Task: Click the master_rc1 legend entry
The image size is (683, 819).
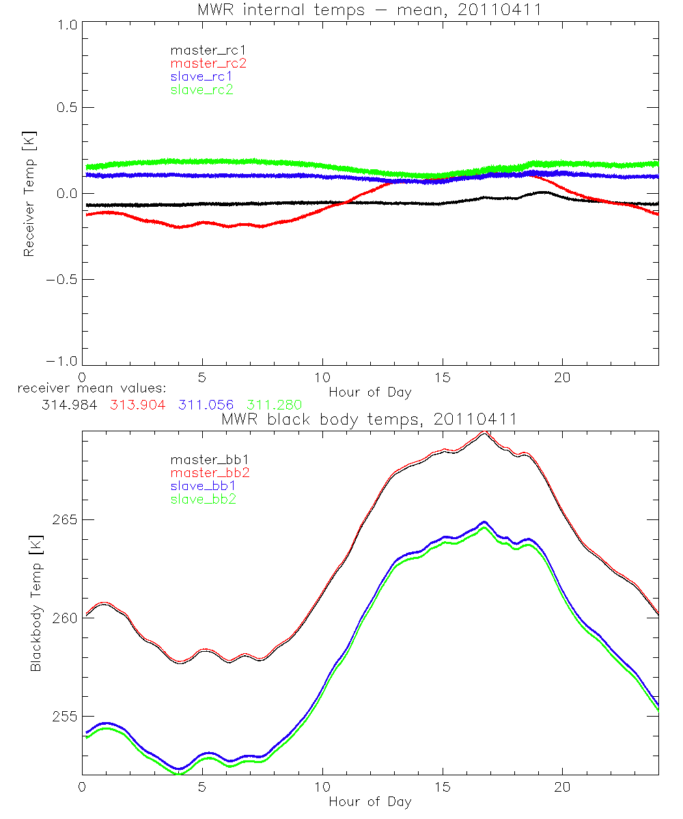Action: coord(201,50)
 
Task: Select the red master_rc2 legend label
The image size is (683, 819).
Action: coord(208,63)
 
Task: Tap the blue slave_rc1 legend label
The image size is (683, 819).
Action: coord(201,76)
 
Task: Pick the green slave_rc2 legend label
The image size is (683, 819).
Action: coord(201,89)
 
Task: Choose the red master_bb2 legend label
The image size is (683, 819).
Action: coord(205,473)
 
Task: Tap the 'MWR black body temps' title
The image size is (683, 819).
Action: coord(370,420)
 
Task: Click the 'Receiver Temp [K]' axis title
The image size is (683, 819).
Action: coord(29,193)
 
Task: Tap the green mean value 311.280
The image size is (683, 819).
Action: coord(274,405)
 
